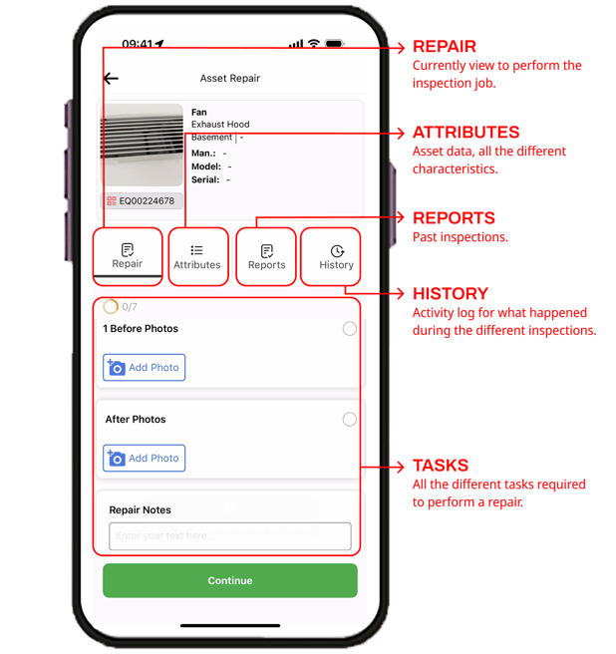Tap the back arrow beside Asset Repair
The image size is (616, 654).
(111, 78)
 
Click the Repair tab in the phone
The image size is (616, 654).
(128, 256)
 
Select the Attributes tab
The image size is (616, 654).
(197, 257)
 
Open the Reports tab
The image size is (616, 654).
(266, 257)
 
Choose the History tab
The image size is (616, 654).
(336, 257)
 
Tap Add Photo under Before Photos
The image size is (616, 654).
(145, 368)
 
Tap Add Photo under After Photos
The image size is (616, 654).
(145, 459)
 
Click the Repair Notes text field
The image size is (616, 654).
(230, 536)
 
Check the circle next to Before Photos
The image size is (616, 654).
(349, 329)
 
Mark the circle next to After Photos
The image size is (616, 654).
(349, 420)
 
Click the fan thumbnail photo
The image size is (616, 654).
(143, 146)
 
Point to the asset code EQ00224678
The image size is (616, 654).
(142, 201)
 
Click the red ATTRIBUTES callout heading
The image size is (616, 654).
(465, 133)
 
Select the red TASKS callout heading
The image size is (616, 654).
(441, 466)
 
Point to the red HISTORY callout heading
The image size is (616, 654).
(451, 294)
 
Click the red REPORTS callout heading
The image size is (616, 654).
(454, 218)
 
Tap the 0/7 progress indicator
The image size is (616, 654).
(121, 307)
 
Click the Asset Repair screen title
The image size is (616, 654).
(230, 78)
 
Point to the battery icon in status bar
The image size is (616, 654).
(334, 44)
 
